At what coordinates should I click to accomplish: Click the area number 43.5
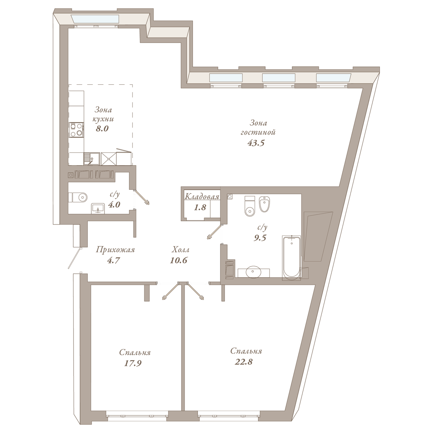click(256, 143)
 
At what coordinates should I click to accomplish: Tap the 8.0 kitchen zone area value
click(102, 129)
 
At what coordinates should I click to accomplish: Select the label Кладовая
click(202, 197)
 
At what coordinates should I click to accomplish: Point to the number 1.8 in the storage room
click(200, 207)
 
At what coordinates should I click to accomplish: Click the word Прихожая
click(115, 250)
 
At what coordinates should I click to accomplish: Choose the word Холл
click(180, 249)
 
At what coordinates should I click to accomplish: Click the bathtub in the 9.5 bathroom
click(291, 258)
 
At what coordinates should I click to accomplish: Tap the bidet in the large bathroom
click(264, 204)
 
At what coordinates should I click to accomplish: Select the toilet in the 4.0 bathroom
click(78, 197)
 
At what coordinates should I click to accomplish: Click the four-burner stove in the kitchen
click(76, 130)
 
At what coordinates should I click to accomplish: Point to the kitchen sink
click(92, 159)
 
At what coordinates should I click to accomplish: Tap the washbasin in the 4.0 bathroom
click(98, 208)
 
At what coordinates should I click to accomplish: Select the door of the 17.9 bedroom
click(170, 291)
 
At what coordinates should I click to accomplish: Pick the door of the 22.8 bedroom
click(196, 291)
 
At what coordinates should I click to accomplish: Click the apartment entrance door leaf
click(74, 258)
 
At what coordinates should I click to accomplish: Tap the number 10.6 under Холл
click(179, 261)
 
